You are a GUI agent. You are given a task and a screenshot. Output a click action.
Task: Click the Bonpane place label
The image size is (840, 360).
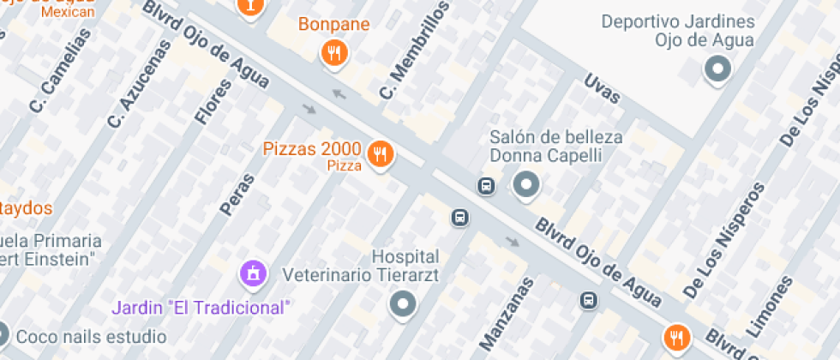click(x=333, y=24)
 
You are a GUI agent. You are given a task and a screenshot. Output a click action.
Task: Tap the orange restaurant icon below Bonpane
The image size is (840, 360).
click(x=333, y=54)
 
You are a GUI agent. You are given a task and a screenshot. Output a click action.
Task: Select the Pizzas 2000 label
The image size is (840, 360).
click(x=311, y=150)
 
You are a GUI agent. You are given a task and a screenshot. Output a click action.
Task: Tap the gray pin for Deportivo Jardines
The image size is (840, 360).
click(x=717, y=69)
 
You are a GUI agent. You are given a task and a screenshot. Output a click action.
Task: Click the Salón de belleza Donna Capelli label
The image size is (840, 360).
click(x=555, y=146)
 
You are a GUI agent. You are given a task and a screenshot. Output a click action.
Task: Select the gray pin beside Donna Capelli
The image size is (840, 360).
click(x=525, y=183)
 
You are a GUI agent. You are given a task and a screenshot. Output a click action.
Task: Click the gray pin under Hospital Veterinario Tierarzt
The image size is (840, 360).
click(x=402, y=303)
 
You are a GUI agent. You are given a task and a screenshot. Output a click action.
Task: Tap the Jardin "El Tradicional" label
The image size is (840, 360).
click(x=202, y=307)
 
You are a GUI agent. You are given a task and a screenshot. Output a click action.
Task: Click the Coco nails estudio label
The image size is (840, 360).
click(x=91, y=335)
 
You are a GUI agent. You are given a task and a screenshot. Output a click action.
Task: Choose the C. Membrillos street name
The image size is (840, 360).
click(x=414, y=51)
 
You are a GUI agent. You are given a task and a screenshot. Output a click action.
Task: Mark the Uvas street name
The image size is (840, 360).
click(x=601, y=89)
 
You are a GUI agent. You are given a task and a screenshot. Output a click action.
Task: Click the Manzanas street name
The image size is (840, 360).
click(x=506, y=312)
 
